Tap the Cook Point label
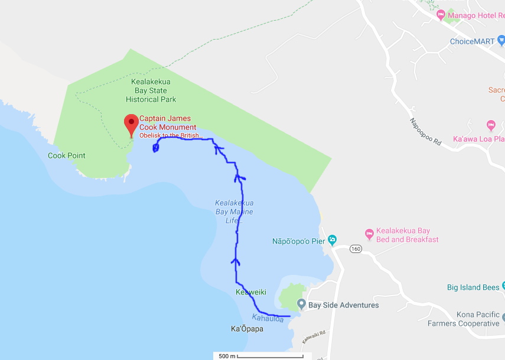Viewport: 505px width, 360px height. pos(67,156)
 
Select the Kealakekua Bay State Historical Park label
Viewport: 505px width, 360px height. pos(151,91)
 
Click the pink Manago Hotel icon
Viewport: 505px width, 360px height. pos(441,14)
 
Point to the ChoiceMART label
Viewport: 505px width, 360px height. pos(472,41)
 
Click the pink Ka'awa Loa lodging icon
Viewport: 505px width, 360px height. pos(490,125)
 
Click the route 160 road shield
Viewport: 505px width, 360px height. pos(354,248)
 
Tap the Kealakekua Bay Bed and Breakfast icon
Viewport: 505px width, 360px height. pos(369,233)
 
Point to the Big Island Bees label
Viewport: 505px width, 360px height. pos(473,288)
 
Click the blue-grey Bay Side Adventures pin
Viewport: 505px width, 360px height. pos(301,304)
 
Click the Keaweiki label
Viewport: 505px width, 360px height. pos(251,293)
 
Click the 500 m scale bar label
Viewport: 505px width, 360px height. pos(227,356)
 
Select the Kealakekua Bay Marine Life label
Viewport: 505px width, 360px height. pos(234,212)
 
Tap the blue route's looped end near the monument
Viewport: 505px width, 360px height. pos(155,148)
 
